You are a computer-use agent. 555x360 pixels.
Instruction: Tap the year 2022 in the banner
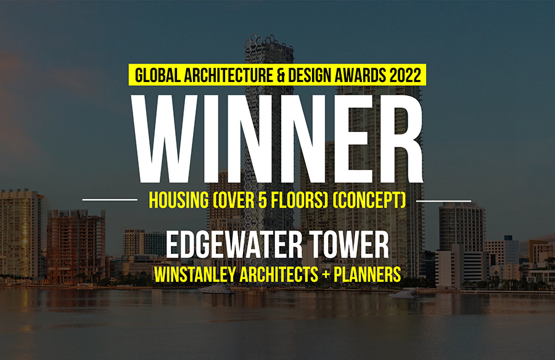405,75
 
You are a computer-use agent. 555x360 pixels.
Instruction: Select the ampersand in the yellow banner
281,75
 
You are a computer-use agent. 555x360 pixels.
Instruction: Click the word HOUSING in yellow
179,200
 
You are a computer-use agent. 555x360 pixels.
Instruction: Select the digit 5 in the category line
262,200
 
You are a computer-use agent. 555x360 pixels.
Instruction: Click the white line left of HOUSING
110,200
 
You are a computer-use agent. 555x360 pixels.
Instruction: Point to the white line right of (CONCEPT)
443,201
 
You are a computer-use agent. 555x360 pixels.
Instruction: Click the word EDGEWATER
234,245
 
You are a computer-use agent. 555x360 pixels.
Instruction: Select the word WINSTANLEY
193,275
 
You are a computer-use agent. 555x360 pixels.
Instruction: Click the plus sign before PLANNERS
326,275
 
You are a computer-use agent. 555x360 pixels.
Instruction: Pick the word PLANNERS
368,275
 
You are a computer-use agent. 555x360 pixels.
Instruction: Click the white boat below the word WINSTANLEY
216,290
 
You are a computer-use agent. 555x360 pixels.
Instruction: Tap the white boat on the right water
403,294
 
